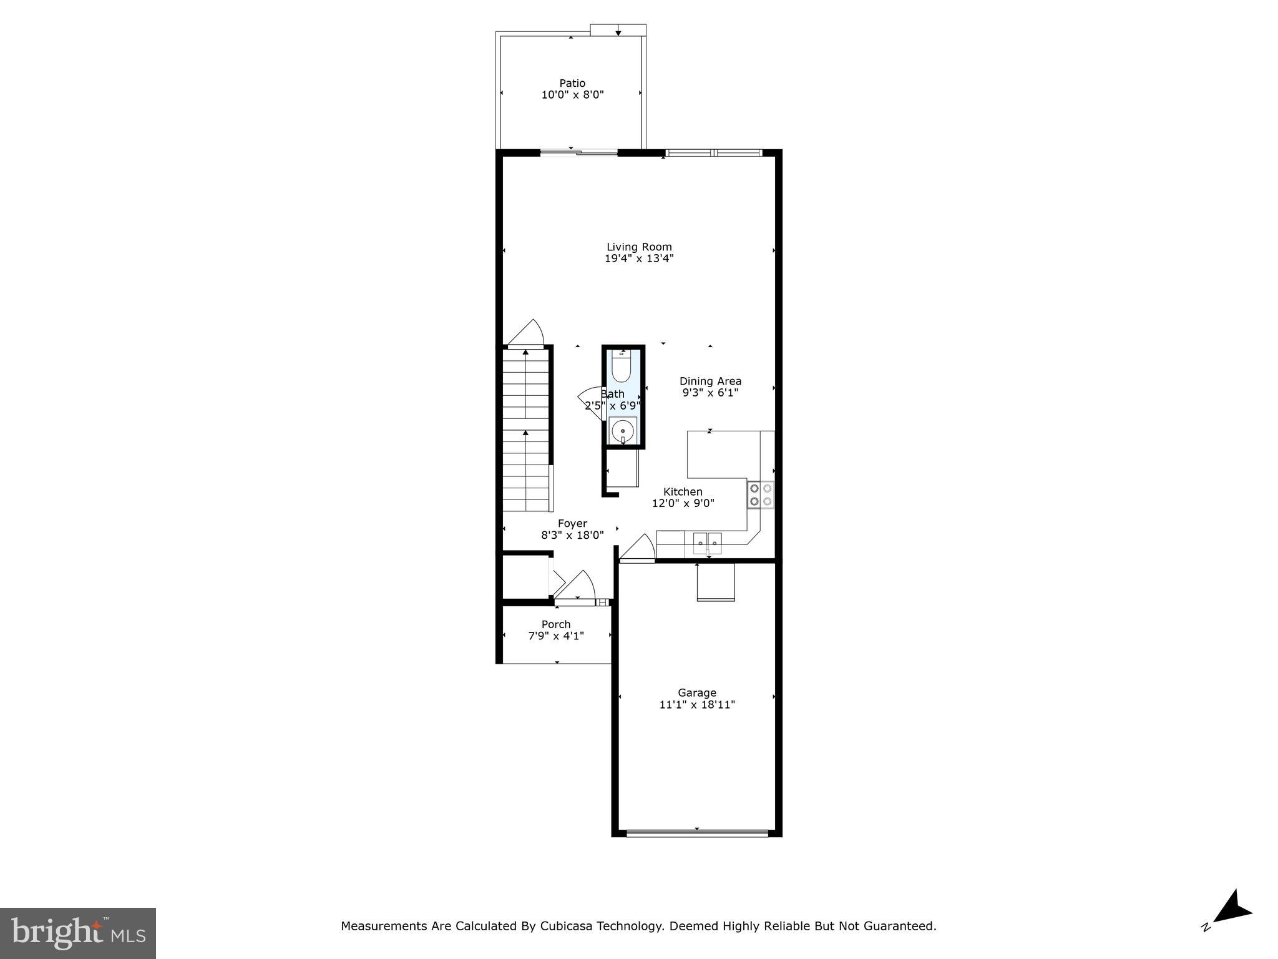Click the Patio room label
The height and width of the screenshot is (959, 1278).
572,83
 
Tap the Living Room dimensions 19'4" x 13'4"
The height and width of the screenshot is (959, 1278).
639,258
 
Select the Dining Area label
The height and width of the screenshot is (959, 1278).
710,381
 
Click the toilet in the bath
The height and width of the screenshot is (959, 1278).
622,368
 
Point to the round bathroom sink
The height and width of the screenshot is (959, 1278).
622,431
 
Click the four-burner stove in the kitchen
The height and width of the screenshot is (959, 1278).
761,494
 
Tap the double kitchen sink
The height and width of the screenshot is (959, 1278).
707,543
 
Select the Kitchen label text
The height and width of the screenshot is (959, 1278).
683,492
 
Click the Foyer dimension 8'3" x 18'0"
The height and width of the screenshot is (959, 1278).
572,535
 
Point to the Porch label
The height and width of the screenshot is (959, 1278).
556,624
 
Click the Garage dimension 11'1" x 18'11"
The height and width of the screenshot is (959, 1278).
697,705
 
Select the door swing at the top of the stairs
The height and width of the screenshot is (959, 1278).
528,333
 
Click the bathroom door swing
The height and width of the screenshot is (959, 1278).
590,400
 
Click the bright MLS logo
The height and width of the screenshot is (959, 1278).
78,933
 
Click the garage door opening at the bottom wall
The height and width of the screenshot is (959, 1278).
697,832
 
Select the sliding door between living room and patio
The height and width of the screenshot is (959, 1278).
578,152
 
